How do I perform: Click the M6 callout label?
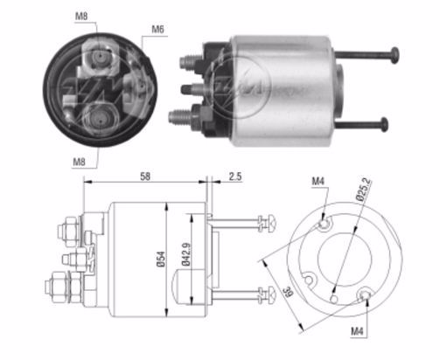tap(157, 29)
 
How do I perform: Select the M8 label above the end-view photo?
tap(81, 16)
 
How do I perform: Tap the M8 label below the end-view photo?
tap(79, 162)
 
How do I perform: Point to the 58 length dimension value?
tap(145, 177)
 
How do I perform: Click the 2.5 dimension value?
tap(235, 177)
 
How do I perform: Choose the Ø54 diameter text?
tap(161, 259)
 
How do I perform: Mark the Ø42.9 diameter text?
tap(186, 254)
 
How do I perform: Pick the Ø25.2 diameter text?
tap(364, 190)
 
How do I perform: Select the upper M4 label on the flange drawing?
tap(318, 182)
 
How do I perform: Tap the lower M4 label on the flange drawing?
tap(357, 331)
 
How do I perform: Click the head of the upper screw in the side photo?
tap(395, 55)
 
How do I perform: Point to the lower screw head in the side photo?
tap(385, 125)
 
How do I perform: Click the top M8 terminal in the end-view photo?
tap(100, 55)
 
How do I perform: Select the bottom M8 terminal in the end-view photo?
tap(100, 119)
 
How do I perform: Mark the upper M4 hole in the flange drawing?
tap(324, 224)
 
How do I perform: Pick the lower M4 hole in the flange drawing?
tap(365, 294)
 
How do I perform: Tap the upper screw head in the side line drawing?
tap(270, 224)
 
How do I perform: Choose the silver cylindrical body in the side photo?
tap(282, 91)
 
